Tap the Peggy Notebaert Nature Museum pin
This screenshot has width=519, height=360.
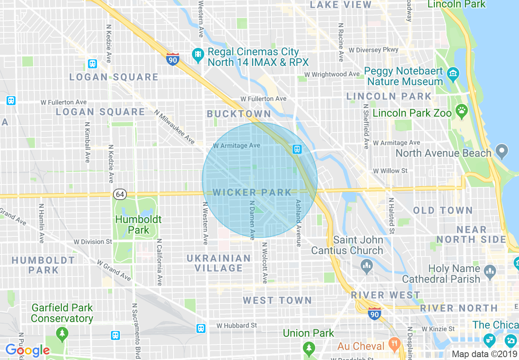(x=453, y=74)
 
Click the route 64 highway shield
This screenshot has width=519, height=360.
(x=120, y=194)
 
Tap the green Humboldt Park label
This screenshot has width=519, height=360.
(x=138, y=225)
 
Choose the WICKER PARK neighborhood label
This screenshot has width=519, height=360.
(x=252, y=192)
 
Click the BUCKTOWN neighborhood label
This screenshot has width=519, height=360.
(x=239, y=114)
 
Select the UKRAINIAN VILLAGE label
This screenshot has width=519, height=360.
(x=219, y=263)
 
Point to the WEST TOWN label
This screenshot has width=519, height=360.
(x=277, y=301)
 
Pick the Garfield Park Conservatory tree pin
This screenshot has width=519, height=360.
(x=62, y=333)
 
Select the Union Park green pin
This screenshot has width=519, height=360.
(x=309, y=349)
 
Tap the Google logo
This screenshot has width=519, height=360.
(x=27, y=351)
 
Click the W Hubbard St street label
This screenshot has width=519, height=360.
(x=237, y=326)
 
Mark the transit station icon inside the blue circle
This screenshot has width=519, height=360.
(x=297, y=149)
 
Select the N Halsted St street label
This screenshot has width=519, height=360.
(x=392, y=216)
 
